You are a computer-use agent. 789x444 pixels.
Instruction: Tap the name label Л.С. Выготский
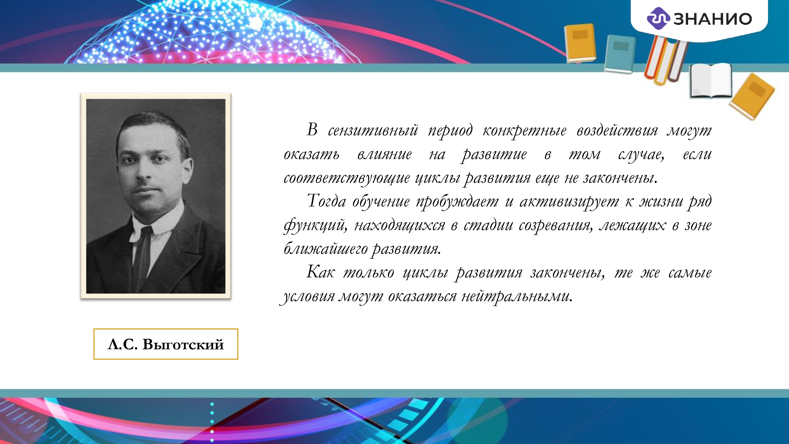point(166,344)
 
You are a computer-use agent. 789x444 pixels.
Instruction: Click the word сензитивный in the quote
point(373,131)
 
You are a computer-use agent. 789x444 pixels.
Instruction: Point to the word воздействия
point(617,131)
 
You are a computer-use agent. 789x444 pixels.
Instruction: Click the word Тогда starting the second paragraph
point(326,201)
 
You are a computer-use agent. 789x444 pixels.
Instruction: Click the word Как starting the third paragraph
point(320,272)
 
